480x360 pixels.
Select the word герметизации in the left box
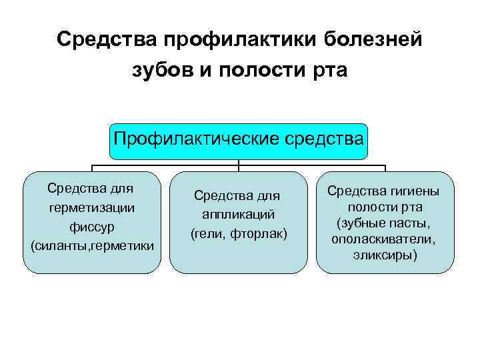92,207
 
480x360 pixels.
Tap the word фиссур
92,227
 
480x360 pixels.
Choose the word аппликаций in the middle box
239,215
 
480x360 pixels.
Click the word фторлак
261,234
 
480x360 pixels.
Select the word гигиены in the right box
410,191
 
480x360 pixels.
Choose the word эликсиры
385,254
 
